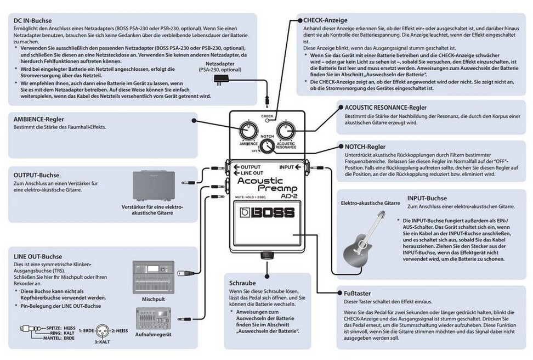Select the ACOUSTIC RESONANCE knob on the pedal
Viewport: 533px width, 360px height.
285,130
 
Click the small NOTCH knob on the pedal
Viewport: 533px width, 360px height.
266,146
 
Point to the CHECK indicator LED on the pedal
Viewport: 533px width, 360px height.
268,121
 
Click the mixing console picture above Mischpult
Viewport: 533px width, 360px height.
153,278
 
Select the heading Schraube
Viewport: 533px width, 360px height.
242,283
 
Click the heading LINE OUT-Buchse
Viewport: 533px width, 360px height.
38,256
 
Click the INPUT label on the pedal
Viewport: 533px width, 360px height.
291,166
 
